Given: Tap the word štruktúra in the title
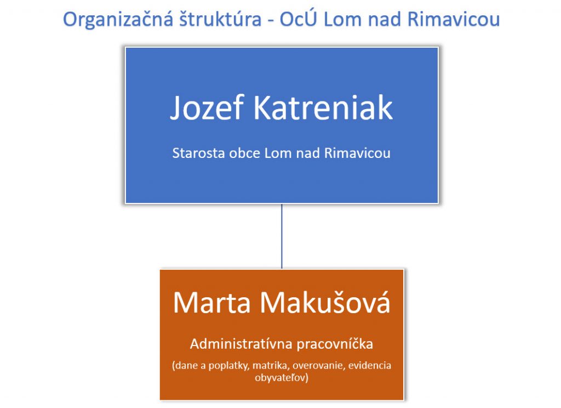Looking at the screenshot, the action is click(220, 19).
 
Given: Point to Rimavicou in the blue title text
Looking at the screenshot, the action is click(453, 19).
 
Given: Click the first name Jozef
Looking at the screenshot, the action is click(207, 107).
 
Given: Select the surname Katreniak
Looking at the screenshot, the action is click(323, 107).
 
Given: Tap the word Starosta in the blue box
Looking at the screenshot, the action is click(198, 154).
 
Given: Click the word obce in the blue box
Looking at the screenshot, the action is click(244, 154).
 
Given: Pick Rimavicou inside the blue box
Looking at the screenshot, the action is click(357, 154).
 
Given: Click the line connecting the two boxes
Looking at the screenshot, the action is click(282, 236).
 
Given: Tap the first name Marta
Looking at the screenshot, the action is click(212, 303).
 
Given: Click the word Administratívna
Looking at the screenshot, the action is click(242, 344).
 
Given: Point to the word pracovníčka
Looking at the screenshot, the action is click(335, 344).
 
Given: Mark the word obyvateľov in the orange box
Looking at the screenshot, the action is click(282, 377).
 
